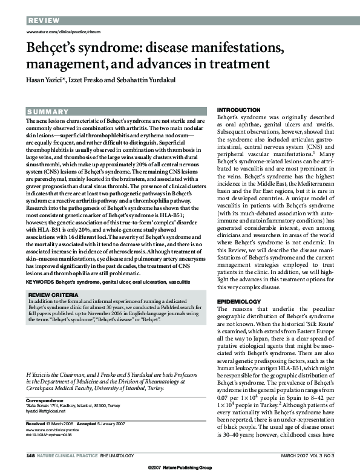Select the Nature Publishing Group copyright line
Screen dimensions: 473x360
coord(180,468)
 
